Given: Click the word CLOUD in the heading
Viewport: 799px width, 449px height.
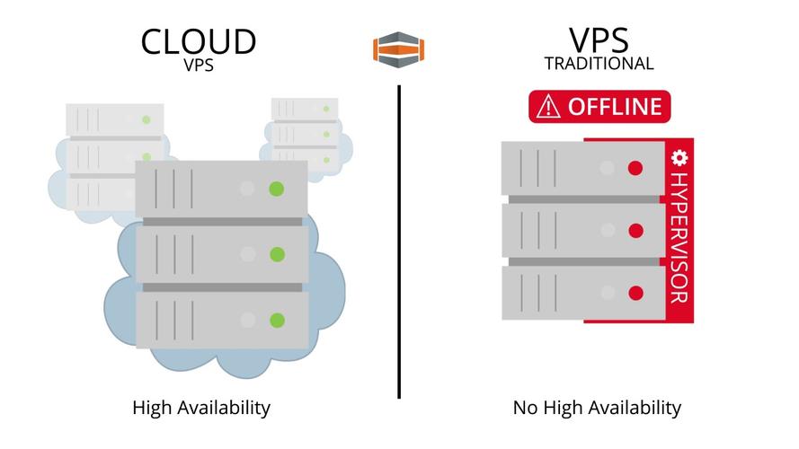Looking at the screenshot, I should (x=199, y=40).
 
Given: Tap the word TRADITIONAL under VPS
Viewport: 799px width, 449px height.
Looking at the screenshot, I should (x=599, y=64).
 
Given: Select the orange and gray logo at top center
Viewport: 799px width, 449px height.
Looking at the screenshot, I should (x=398, y=48).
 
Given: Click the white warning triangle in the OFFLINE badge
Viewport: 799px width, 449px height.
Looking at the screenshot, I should (x=547, y=107).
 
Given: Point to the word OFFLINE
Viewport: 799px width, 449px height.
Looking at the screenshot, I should (x=615, y=107).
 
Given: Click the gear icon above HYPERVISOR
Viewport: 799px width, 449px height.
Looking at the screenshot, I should (x=679, y=158).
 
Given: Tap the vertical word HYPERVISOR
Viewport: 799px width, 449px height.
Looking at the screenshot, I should (x=679, y=237).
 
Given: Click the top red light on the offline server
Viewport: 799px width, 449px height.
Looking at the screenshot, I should (x=635, y=168).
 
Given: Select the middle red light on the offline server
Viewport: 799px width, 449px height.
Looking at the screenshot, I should (x=635, y=231).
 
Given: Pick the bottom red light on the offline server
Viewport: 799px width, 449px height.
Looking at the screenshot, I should (x=635, y=293).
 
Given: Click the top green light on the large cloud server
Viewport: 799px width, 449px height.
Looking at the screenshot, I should (x=277, y=189).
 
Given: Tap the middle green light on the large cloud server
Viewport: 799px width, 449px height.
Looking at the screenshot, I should (x=277, y=254).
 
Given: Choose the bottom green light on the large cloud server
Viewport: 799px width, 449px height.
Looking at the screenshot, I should (x=277, y=320).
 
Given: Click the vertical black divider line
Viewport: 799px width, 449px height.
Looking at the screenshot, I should (x=399, y=242).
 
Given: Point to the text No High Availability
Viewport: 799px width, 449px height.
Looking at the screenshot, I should (x=597, y=408).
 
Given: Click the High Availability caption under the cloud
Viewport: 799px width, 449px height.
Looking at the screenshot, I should (x=201, y=408).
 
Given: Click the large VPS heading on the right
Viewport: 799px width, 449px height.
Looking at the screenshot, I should (x=599, y=40).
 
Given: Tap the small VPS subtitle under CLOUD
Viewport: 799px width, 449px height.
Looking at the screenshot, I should (x=199, y=65).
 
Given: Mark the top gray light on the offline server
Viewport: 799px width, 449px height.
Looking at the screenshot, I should (x=608, y=168).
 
